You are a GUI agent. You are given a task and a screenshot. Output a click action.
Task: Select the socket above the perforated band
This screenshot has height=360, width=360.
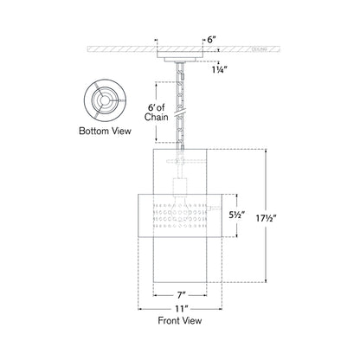click(181, 188)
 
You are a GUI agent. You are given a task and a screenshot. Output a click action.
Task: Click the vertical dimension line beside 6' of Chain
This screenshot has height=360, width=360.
click(156, 112)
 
